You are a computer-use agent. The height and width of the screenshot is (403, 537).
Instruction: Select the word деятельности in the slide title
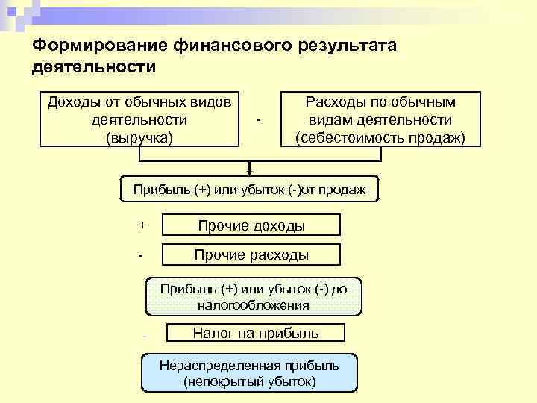point(94,69)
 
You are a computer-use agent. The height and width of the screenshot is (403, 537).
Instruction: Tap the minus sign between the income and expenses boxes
point(258,119)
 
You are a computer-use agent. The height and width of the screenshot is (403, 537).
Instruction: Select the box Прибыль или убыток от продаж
point(249,190)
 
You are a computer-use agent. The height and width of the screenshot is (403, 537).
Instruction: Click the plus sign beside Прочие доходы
point(142,225)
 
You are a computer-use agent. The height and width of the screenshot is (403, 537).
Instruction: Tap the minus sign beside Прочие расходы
point(140,256)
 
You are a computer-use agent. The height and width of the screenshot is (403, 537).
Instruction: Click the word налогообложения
point(253,305)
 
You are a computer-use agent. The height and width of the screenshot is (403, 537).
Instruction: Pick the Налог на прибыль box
point(256,334)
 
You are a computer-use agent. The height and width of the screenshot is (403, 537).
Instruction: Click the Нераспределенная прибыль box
point(249,373)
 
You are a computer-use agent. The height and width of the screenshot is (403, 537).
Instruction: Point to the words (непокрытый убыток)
point(249,381)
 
